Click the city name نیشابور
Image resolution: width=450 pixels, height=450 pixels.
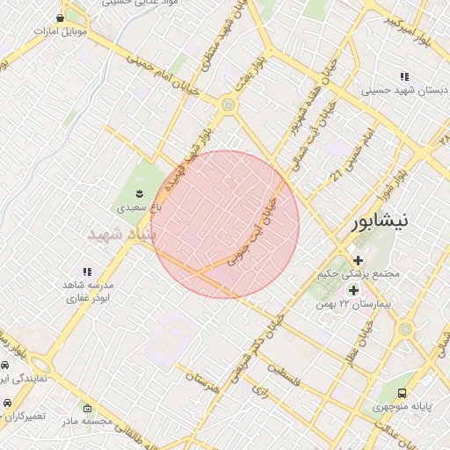tap(380, 221)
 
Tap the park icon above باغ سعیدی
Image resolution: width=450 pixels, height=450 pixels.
tap(138, 192)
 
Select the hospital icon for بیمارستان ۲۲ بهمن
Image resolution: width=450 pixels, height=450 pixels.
tap(353, 290)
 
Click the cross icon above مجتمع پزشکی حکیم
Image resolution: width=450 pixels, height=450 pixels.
tap(358, 259)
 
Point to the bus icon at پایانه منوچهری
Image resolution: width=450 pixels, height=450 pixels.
tap(403, 393)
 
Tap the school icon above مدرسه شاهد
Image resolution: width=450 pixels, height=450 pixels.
tap(86, 272)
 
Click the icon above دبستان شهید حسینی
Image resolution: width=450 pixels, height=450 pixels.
tap(403, 76)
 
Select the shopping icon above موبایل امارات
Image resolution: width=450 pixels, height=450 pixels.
tap(60, 18)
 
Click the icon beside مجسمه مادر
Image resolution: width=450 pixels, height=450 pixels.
tap(86, 408)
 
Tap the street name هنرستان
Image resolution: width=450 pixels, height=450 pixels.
tap(202, 381)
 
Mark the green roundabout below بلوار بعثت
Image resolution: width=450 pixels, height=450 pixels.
tap(229, 105)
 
